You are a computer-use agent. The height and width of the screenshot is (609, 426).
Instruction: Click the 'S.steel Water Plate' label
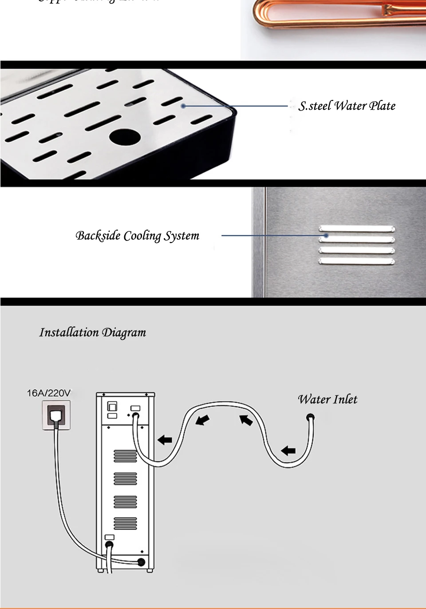coord(347,106)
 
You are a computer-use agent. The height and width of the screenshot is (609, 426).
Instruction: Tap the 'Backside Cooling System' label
coord(137,235)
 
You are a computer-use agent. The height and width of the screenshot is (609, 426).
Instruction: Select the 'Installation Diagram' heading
coord(92,332)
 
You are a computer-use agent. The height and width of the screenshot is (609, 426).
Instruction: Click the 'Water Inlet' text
coord(327,399)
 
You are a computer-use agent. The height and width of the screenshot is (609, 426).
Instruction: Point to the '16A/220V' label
coord(48,393)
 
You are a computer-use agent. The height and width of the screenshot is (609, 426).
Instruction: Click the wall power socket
coord(56,415)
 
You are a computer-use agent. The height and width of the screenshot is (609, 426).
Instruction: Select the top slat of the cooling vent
coord(357,229)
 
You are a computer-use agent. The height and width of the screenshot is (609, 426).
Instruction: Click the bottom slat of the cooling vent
coord(357,262)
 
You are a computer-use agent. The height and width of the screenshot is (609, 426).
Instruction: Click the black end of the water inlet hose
coord(311,417)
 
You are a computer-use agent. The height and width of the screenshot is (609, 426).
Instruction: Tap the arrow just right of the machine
coord(165,440)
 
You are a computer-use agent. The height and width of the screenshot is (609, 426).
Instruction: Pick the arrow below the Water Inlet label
coord(288,450)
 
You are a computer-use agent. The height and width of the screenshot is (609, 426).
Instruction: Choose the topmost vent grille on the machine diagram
coord(126,456)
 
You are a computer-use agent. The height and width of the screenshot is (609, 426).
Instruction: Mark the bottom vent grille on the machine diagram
coord(126,523)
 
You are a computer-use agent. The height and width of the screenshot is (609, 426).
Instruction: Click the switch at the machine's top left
coord(113,406)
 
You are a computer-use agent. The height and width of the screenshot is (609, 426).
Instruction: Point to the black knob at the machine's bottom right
coord(141,562)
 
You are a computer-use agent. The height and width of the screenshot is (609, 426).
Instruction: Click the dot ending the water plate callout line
coord(183,106)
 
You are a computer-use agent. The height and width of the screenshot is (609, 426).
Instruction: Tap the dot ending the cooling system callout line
coord(327,235)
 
